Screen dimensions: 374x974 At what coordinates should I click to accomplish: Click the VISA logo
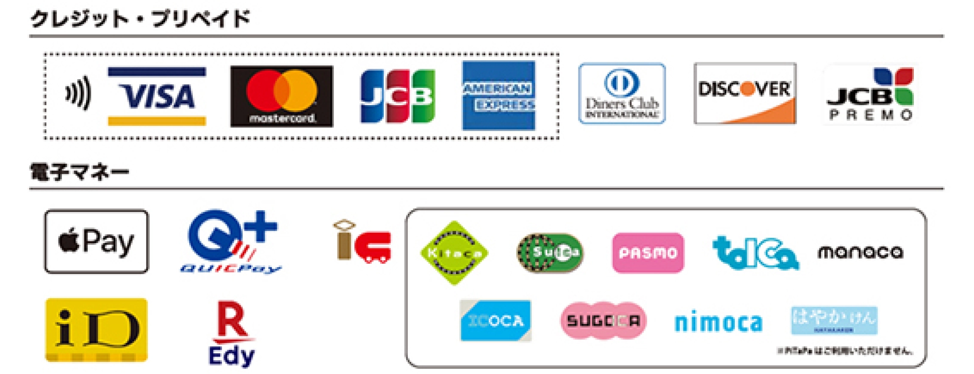(157, 96)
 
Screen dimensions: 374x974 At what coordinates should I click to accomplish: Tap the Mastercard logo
(282, 96)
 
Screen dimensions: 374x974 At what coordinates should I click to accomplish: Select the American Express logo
(498, 95)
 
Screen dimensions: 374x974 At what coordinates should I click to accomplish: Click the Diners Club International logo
(622, 94)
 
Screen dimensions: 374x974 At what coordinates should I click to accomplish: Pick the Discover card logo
(744, 94)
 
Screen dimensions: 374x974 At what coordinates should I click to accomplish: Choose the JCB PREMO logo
(870, 94)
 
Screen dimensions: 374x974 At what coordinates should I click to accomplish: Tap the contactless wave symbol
(78, 93)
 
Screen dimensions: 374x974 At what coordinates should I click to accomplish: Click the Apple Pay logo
(97, 241)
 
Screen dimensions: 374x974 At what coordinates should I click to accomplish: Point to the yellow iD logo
(97, 330)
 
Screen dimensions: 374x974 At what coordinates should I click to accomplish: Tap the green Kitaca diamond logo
(454, 253)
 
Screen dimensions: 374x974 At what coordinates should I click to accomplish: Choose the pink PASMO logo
(648, 253)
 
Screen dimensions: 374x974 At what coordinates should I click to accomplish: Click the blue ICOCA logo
(495, 321)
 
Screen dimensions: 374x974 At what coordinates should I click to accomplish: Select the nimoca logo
(718, 323)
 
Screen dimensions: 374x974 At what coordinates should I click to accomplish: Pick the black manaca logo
(860, 252)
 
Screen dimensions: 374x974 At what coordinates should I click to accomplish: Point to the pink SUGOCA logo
(603, 321)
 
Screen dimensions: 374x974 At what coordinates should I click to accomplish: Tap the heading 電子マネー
(80, 172)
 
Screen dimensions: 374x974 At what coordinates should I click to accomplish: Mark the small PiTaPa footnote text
(844, 351)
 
